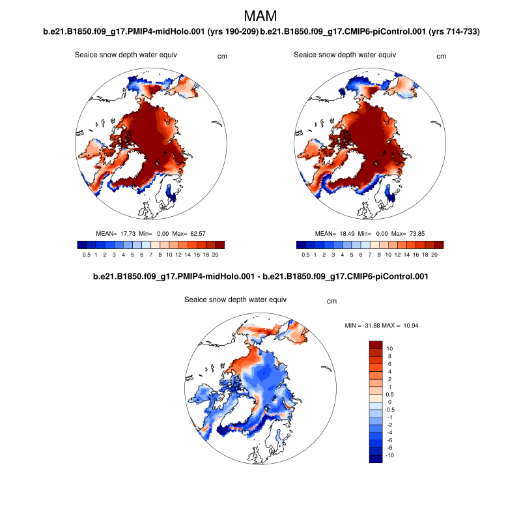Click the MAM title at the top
(260, 16)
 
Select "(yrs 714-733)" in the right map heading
(454, 31)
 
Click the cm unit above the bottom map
(331, 301)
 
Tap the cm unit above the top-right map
(441, 56)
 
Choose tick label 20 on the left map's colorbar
(215, 255)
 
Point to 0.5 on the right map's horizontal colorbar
(305, 255)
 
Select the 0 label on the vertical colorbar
(389, 402)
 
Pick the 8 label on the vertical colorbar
(389, 356)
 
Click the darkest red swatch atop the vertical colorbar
(375, 344)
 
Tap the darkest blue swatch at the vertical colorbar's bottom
(375, 458)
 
